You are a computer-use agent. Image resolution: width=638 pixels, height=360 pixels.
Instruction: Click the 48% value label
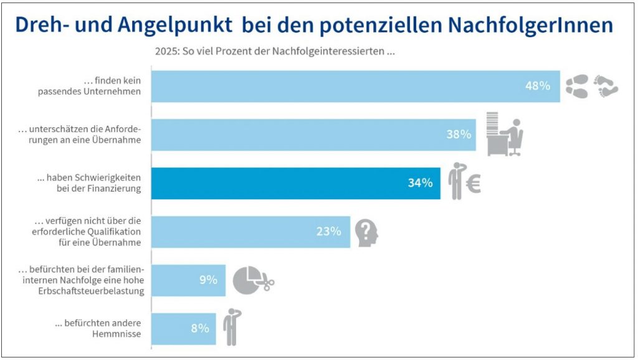tap(538, 86)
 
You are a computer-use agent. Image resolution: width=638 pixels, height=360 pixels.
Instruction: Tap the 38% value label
tap(459, 134)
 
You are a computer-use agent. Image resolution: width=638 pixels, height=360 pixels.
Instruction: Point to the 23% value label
tap(328, 231)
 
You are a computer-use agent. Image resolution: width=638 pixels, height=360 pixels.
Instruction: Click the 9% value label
tap(208, 280)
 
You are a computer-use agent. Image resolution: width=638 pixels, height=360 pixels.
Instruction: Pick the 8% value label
tap(199, 328)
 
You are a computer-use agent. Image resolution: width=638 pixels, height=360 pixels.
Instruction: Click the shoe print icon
tap(576, 87)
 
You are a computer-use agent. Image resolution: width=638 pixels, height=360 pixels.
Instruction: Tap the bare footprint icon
tap(605, 87)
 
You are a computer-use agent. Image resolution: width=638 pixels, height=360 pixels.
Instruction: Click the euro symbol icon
tap(473, 184)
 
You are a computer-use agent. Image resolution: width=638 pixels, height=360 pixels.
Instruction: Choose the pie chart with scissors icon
tap(253, 280)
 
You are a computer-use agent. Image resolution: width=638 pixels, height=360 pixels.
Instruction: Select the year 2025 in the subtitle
tap(166, 52)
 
